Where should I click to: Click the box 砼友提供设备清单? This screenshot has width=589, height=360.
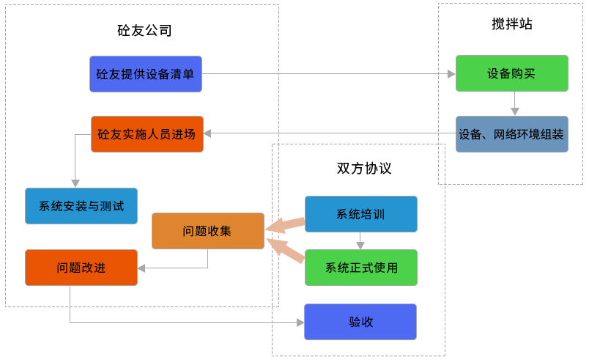146,74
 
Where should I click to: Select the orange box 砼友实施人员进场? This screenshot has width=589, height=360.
147,134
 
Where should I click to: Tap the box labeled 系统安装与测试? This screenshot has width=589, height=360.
81,206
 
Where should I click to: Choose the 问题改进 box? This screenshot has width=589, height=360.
81,268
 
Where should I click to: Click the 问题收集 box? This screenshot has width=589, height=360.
207,231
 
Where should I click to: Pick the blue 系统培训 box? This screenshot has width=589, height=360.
360,214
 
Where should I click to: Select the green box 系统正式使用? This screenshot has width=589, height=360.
360,268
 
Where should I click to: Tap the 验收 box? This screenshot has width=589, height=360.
360,322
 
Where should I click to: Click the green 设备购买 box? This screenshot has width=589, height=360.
511,73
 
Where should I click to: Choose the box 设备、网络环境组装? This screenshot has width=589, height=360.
511,134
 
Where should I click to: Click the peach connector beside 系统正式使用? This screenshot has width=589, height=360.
285,251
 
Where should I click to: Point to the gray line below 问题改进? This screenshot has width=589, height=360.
168,320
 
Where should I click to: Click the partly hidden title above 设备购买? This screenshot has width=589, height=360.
511,24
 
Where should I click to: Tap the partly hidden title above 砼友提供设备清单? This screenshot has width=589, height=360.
144,31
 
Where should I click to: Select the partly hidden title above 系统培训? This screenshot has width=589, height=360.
364,168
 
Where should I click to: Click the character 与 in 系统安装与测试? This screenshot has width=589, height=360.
92,207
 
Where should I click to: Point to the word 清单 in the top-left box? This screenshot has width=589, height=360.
182,74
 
